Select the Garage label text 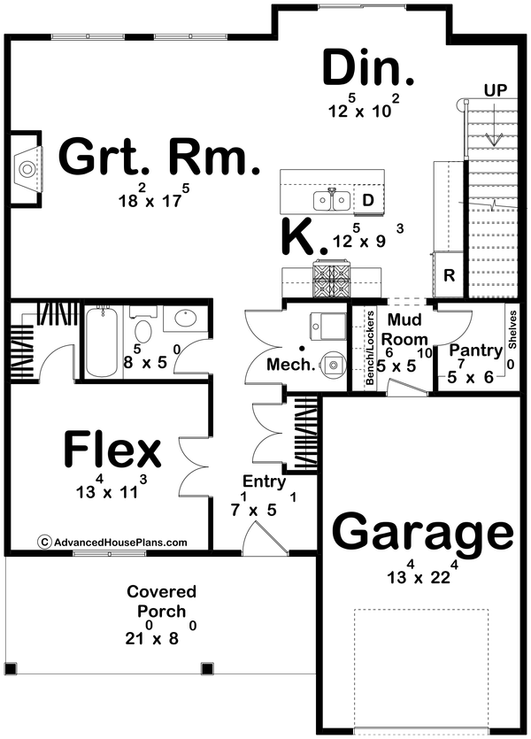click(422, 535)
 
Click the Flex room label click(112, 450)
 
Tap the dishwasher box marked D click(369, 201)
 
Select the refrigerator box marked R click(449, 275)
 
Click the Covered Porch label click(162, 602)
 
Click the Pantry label click(475, 351)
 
